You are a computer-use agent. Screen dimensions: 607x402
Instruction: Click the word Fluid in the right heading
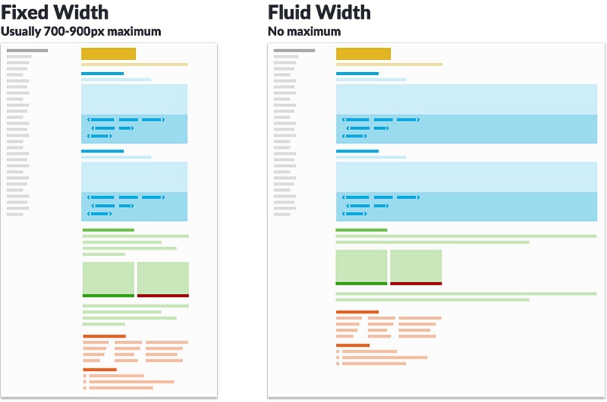tap(291, 12)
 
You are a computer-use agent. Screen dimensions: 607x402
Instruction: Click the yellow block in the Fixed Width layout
tap(109, 54)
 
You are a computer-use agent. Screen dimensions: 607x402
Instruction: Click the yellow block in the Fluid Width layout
tap(363, 54)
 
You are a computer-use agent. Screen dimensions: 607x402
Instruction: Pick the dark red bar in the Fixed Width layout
tap(163, 296)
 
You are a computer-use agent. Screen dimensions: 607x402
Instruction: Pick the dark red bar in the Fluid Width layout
tap(416, 284)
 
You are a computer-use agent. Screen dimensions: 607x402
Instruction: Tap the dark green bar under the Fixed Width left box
tap(109, 296)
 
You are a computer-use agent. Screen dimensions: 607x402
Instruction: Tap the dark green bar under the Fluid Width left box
tap(361, 284)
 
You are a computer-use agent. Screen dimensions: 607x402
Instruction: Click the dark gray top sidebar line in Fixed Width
tap(27, 50)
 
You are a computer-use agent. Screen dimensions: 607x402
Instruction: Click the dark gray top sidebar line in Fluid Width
tap(294, 50)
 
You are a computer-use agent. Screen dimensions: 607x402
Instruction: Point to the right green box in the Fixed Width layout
tap(163, 278)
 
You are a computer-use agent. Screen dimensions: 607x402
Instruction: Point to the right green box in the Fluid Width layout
tap(416, 265)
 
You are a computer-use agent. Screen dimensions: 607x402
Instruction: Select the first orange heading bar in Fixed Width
tap(105, 336)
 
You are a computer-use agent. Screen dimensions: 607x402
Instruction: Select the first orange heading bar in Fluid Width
tap(357, 312)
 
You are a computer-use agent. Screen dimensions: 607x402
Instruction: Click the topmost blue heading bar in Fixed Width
tap(102, 74)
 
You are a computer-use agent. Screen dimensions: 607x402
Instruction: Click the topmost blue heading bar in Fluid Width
tap(357, 74)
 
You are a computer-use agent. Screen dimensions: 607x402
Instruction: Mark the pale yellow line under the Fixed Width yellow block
tap(134, 64)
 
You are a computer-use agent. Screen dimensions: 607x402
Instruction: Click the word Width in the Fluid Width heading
tap(344, 12)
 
